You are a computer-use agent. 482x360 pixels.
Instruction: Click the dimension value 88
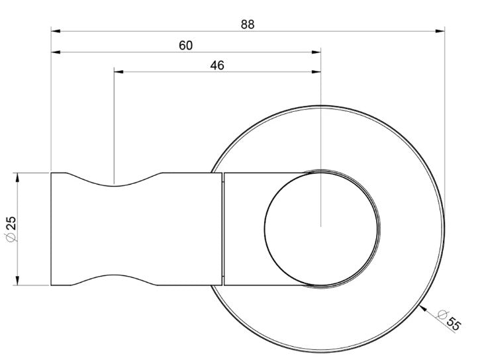(248, 24)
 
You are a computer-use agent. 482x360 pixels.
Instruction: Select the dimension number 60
(185, 46)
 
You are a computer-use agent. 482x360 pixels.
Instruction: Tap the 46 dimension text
(217, 66)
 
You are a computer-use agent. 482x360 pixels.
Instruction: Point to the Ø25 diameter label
(11, 229)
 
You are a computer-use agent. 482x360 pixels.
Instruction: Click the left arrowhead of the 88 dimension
(56, 31)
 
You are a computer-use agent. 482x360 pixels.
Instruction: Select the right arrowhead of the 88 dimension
(440, 31)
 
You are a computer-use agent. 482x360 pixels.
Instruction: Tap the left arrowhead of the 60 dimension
(56, 52)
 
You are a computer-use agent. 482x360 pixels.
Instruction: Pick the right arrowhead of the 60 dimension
(316, 52)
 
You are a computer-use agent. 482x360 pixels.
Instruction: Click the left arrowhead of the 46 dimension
(119, 72)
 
